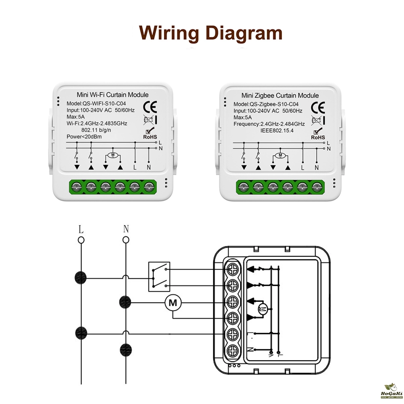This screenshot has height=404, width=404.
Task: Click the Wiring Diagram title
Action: tap(210, 33)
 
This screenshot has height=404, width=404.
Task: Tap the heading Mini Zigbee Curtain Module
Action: tap(280, 95)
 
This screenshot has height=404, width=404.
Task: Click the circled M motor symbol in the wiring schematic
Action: tap(173, 302)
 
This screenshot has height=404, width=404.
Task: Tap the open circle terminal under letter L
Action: tap(81, 240)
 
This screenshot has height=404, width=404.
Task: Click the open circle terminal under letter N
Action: tap(126, 240)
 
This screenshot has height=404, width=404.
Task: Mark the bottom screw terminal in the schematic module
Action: tap(232, 350)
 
